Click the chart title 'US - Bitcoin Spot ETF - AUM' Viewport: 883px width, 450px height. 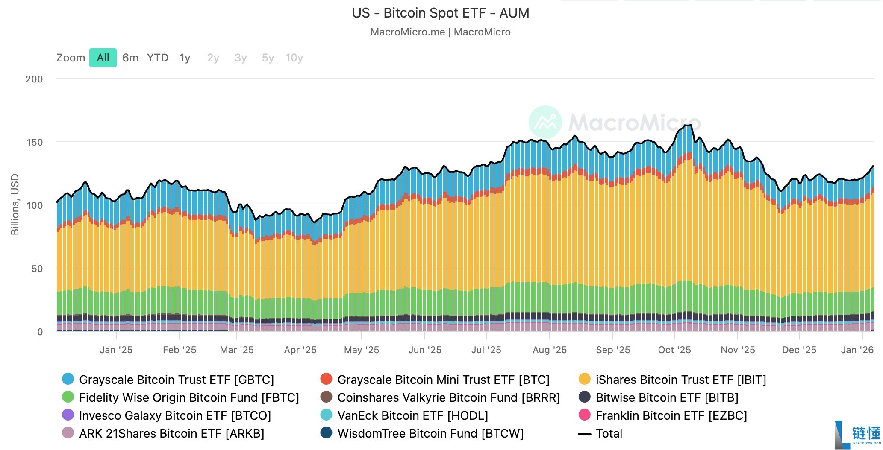coord(441,13)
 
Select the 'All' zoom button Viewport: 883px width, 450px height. coord(103,58)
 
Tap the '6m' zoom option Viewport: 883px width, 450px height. coord(130,58)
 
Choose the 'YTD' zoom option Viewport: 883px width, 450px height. coord(158,58)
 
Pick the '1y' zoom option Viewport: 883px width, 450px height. coord(185,58)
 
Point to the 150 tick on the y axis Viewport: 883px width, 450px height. coord(35,142)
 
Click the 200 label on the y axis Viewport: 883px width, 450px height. coord(34,79)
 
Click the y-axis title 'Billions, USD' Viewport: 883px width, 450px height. coord(15,204)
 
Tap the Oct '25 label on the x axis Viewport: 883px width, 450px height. coord(674,350)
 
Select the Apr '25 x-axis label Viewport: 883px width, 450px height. coord(300,350)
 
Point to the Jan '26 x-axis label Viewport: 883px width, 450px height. coord(857,350)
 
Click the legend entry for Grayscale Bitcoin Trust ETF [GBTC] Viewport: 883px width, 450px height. coord(168,380)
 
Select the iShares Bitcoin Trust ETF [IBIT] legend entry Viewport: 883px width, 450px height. coord(672,380)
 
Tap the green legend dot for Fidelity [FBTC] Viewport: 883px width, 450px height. coord(68,397)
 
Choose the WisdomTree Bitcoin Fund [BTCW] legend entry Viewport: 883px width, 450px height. coord(422,433)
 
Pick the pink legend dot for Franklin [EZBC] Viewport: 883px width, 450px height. coord(584,415)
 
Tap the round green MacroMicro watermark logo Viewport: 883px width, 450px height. coord(545,122)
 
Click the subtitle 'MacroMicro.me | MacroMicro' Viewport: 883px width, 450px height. coord(441,32)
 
